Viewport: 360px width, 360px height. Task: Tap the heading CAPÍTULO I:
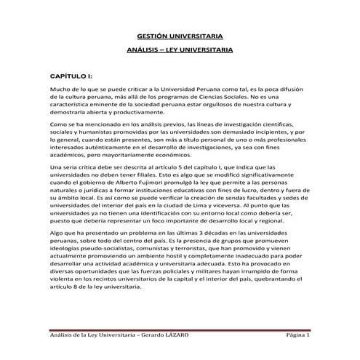(x=69, y=75)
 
